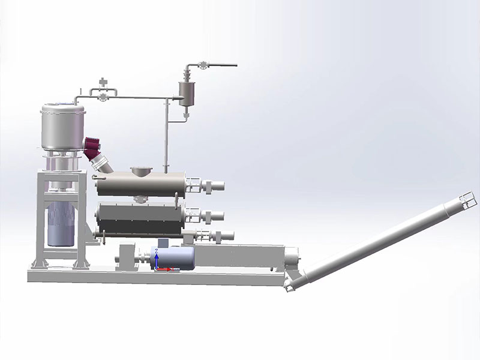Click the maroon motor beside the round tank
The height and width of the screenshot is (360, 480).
[94, 146]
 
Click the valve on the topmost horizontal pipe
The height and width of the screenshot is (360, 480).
[204, 65]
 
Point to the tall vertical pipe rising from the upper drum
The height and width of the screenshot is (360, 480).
[166, 135]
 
